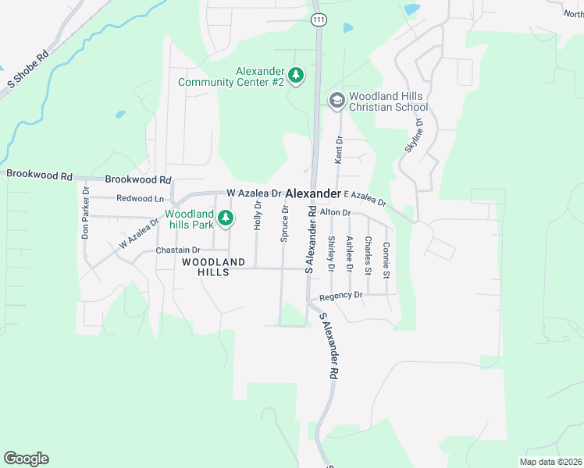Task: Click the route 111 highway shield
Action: pyautogui.click(x=318, y=19)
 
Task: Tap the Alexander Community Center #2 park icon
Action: pyautogui.click(x=296, y=76)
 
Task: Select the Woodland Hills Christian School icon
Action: pyautogui.click(x=337, y=100)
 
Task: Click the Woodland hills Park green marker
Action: pyautogui.click(x=226, y=218)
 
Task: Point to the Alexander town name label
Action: pyautogui.click(x=313, y=193)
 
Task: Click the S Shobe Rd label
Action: pyautogui.click(x=28, y=69)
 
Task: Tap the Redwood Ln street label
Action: pyautogui.click(x=141, y=199)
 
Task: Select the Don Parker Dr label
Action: pyautogui.click(x=86, y=213)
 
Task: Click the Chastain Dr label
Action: pyautogui.click(x=179, y=250)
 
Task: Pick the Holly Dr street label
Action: pyautogui.click(x=258, y=214)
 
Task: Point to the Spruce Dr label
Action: pyautogui.click(x=285, y=224)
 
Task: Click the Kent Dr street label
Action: pyautogui.click(x=339, y=150)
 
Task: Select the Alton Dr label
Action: pyautogui.click(x=337, y=212)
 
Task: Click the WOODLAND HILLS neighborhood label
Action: pyautogui.click(x=214, y=267)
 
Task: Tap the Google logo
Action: pyautogui.click(x=26, y=459)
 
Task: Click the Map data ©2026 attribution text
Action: pyautogui.click(x=550, y=462)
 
